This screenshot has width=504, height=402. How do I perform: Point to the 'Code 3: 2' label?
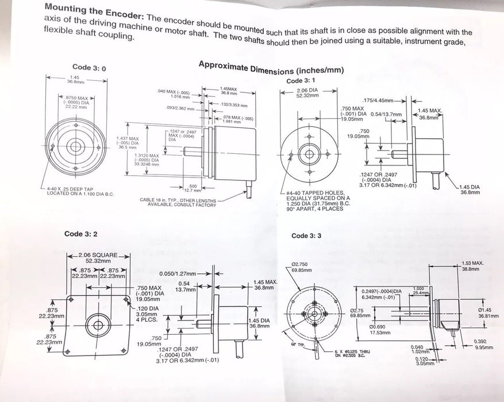[81, 234]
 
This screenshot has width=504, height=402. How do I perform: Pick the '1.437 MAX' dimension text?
[127, 138]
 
